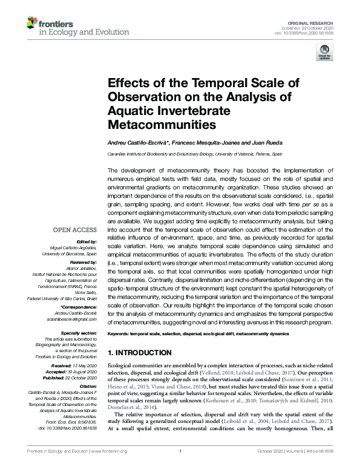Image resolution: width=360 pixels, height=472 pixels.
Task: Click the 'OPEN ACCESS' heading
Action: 74,230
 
